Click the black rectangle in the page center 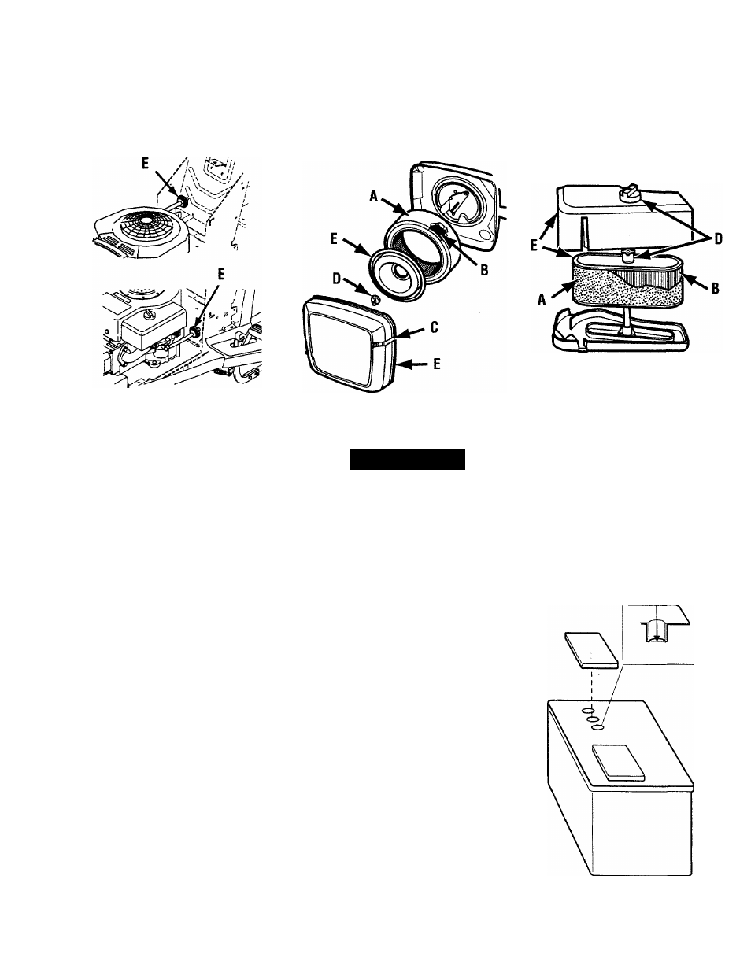407,460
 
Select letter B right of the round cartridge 484,270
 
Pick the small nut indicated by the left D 375,300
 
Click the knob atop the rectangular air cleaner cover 631,192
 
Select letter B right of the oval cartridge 714,288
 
